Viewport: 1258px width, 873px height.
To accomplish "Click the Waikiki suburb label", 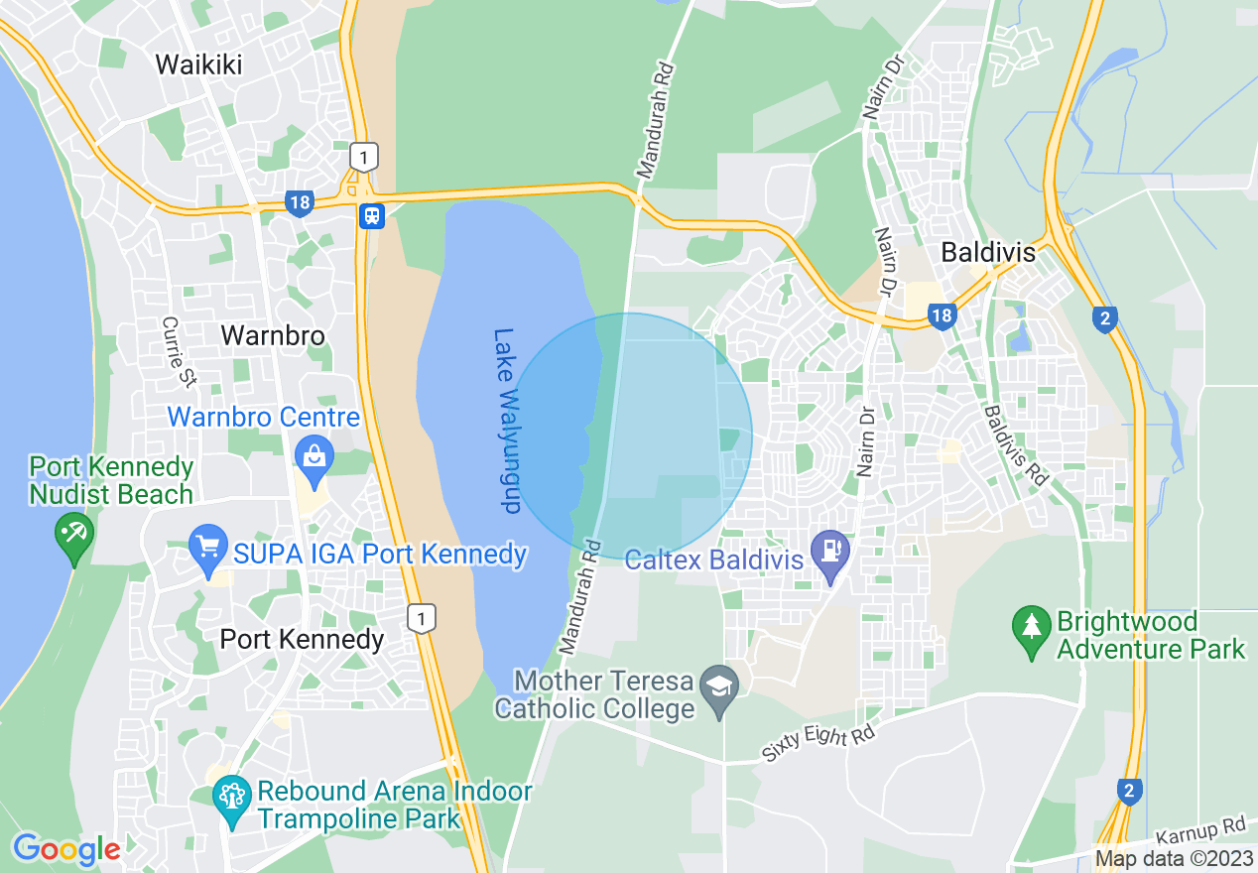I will coord(198,64).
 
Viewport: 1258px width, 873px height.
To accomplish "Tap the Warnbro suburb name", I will coord(272,335).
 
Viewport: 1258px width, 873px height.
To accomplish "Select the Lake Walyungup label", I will coord(507,421).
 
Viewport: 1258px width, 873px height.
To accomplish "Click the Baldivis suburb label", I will coord(987,253).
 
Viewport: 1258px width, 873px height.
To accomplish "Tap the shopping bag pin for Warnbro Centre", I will coord(314,458).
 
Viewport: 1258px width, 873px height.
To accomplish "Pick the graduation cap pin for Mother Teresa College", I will coord(718,685).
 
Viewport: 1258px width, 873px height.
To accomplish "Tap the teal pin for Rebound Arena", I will coord(233,796).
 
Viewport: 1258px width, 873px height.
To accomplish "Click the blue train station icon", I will coord(372,215).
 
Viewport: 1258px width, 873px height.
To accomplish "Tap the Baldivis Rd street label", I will coord(1017,443).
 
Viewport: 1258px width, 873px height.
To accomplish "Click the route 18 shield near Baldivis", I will coord(942,316).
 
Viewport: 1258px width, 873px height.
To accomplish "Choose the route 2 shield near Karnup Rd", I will coord(1129,791).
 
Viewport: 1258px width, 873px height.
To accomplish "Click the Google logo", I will coord(66,849).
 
